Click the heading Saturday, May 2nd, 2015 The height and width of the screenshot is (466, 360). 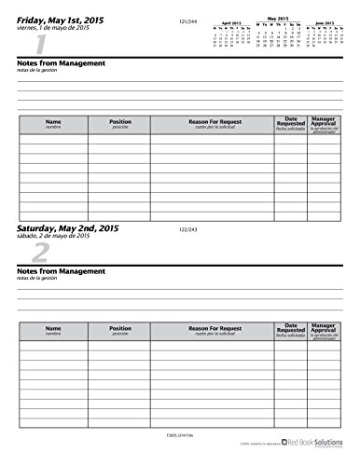74,227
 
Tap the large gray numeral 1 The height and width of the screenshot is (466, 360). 38,45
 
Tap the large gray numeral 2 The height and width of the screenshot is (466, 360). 38,254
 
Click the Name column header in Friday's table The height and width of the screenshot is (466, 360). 52,125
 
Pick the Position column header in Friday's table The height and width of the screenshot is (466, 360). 119,125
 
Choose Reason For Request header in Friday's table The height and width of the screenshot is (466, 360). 212,125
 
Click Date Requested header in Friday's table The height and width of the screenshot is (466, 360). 289,124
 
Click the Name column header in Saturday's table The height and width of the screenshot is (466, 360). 52,331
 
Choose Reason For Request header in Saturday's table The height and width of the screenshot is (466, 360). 212,331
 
